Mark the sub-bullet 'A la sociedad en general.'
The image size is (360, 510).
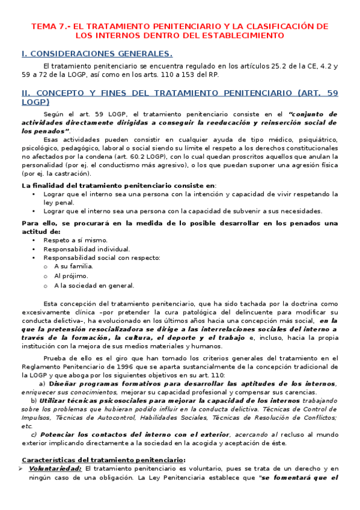pos(94,286)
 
